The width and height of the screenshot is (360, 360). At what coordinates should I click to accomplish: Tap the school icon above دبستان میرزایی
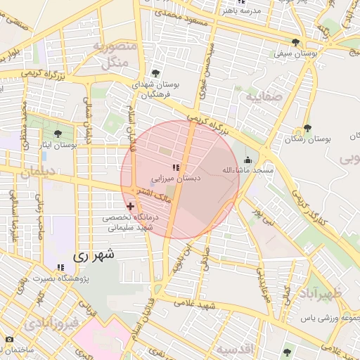coord(176,167)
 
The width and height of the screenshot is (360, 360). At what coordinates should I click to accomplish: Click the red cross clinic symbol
coord(131,206)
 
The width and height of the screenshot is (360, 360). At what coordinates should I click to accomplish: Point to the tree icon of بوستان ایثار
coord(58,133)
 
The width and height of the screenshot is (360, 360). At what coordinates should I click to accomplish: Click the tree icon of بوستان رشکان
coord(307,128)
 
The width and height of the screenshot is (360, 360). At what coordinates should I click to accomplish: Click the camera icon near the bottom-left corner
coord(8,339)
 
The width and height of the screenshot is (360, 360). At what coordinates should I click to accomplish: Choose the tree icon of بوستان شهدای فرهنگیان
coord(155,72)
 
